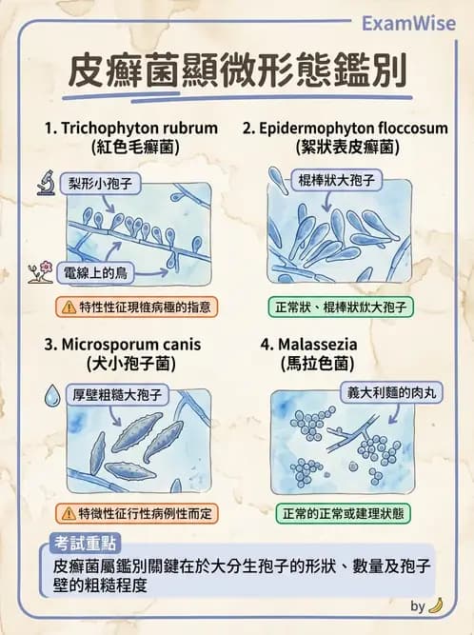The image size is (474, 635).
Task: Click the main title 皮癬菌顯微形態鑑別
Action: pyautogui.click(x=237, y=72)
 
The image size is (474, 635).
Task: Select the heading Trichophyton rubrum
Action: pyautogui.click(x=130, y=128)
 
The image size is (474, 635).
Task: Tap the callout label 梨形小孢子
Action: pyautogui.click(x=98, y=181)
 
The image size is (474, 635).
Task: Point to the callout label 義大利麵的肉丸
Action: pyautogui.click(x=390, y=390)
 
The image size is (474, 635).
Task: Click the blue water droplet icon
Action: pyautogui.click(x=51, y=392)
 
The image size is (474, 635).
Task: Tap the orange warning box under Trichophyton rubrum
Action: pyautogui.click(x=137, y=307)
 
